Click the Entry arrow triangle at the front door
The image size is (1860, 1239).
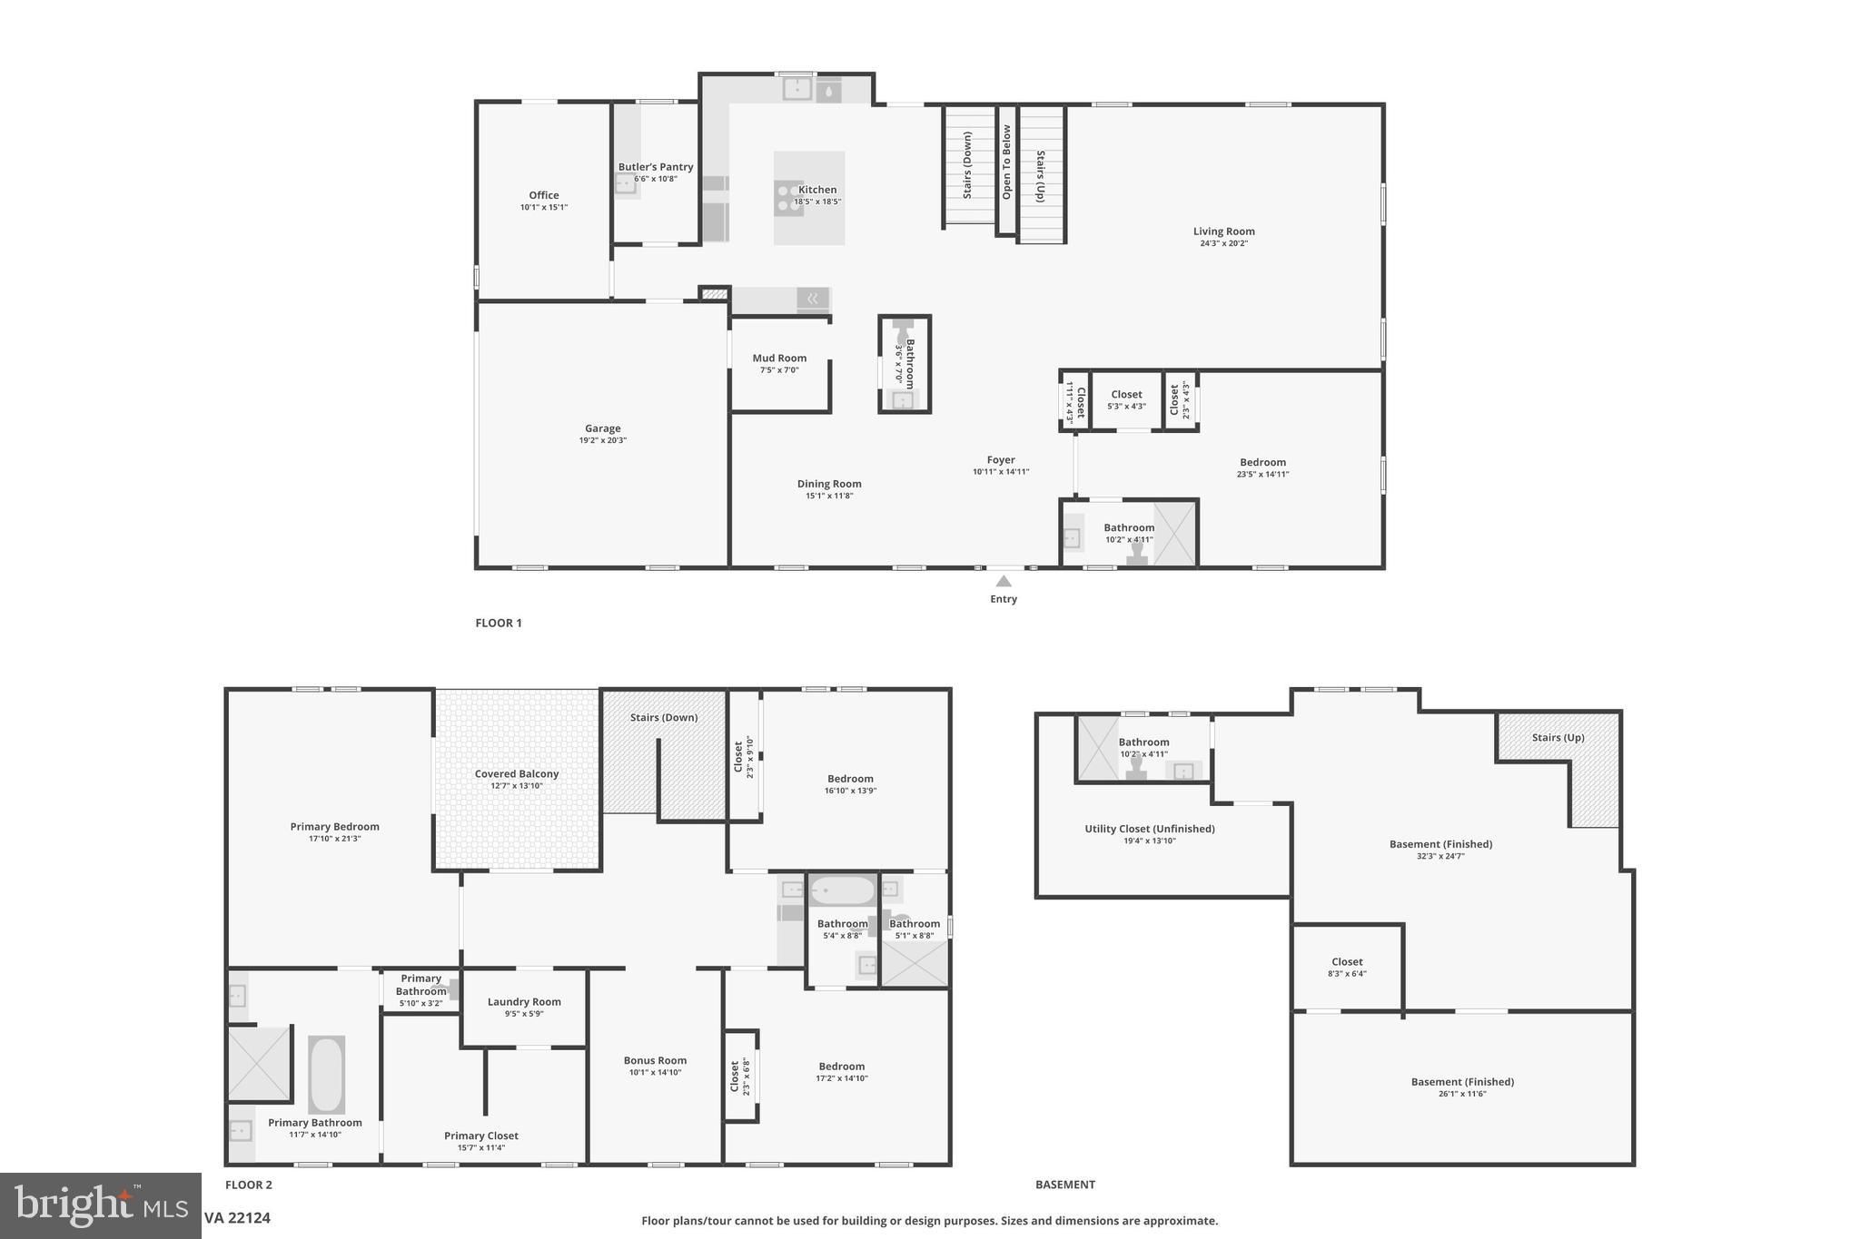pos(1004,582)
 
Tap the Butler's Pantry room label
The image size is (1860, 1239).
pos(656,167)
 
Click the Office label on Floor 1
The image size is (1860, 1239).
pos(544,195)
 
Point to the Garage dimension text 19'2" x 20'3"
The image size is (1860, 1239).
pos(603,441)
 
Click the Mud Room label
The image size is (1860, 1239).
pos(779,359)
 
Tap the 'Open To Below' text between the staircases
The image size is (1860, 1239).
pos(1006,162)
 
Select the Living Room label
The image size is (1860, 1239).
pos(1223,231)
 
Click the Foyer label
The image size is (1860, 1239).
pos(1001,460)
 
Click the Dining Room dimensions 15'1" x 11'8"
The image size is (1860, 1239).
pos(829,497)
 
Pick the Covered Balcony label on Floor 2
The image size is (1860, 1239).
pos(517,774)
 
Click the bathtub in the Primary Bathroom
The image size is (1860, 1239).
pos(326,1075)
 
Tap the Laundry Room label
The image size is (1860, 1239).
pos(524,1002)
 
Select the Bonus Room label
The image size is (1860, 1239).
pos(655,1060)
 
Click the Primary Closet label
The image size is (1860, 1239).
pos(481,1136)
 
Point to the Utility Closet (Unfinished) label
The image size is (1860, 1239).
pos(1149,829)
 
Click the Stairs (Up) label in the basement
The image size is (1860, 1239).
pos(1558,738)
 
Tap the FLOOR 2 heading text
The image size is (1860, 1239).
pos(249,1185)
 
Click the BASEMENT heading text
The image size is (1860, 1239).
pos(1065,1185)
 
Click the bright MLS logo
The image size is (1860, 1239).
pos(100,1205)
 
